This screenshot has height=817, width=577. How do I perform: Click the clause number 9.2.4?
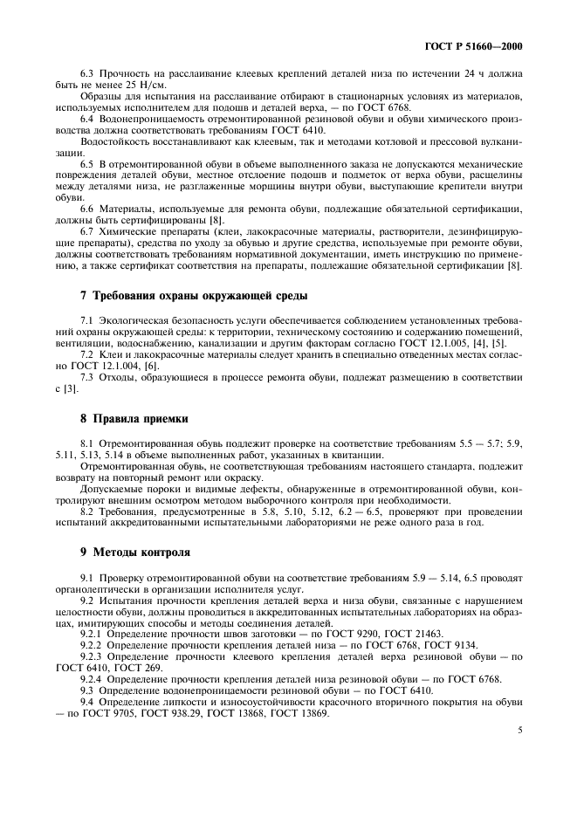point(94,678)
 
